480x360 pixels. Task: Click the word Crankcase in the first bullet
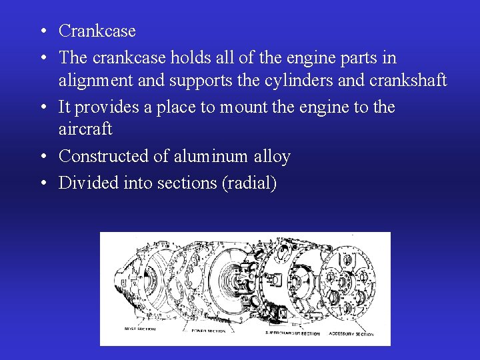click(97, 31)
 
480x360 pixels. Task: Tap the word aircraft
click(85, 129)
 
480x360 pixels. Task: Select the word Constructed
click(105, 157)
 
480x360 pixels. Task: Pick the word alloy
click(272, 157)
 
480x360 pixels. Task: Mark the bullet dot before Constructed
click(42, 157)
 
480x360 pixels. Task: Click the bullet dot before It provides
click(42, 107)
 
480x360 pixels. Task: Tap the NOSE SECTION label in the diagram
click(139, 329)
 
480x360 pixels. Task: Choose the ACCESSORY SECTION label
click(351, 333)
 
